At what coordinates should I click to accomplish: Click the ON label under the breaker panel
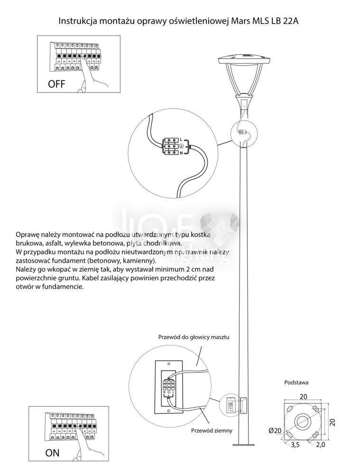[52, 453]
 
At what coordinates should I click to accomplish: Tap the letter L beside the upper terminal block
[182, 139]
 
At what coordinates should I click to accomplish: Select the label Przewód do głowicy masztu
[194, 337]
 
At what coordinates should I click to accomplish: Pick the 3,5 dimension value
[295, 445]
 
